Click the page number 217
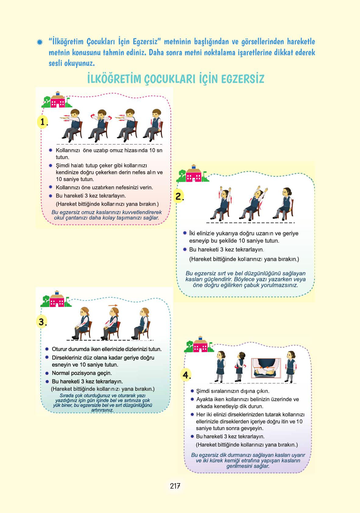(175, 486)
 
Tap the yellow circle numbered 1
(42, 122)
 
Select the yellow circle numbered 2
(179, 196)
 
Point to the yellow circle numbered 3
(42, 322)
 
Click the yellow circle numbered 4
(186, 375)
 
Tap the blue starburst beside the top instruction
(40, 42)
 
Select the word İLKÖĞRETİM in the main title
(114, 79)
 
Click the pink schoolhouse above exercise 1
(57, 100)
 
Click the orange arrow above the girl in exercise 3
(113, 305)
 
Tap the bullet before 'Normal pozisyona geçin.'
(47, 373)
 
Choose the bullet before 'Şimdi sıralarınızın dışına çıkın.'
(192, 391)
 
